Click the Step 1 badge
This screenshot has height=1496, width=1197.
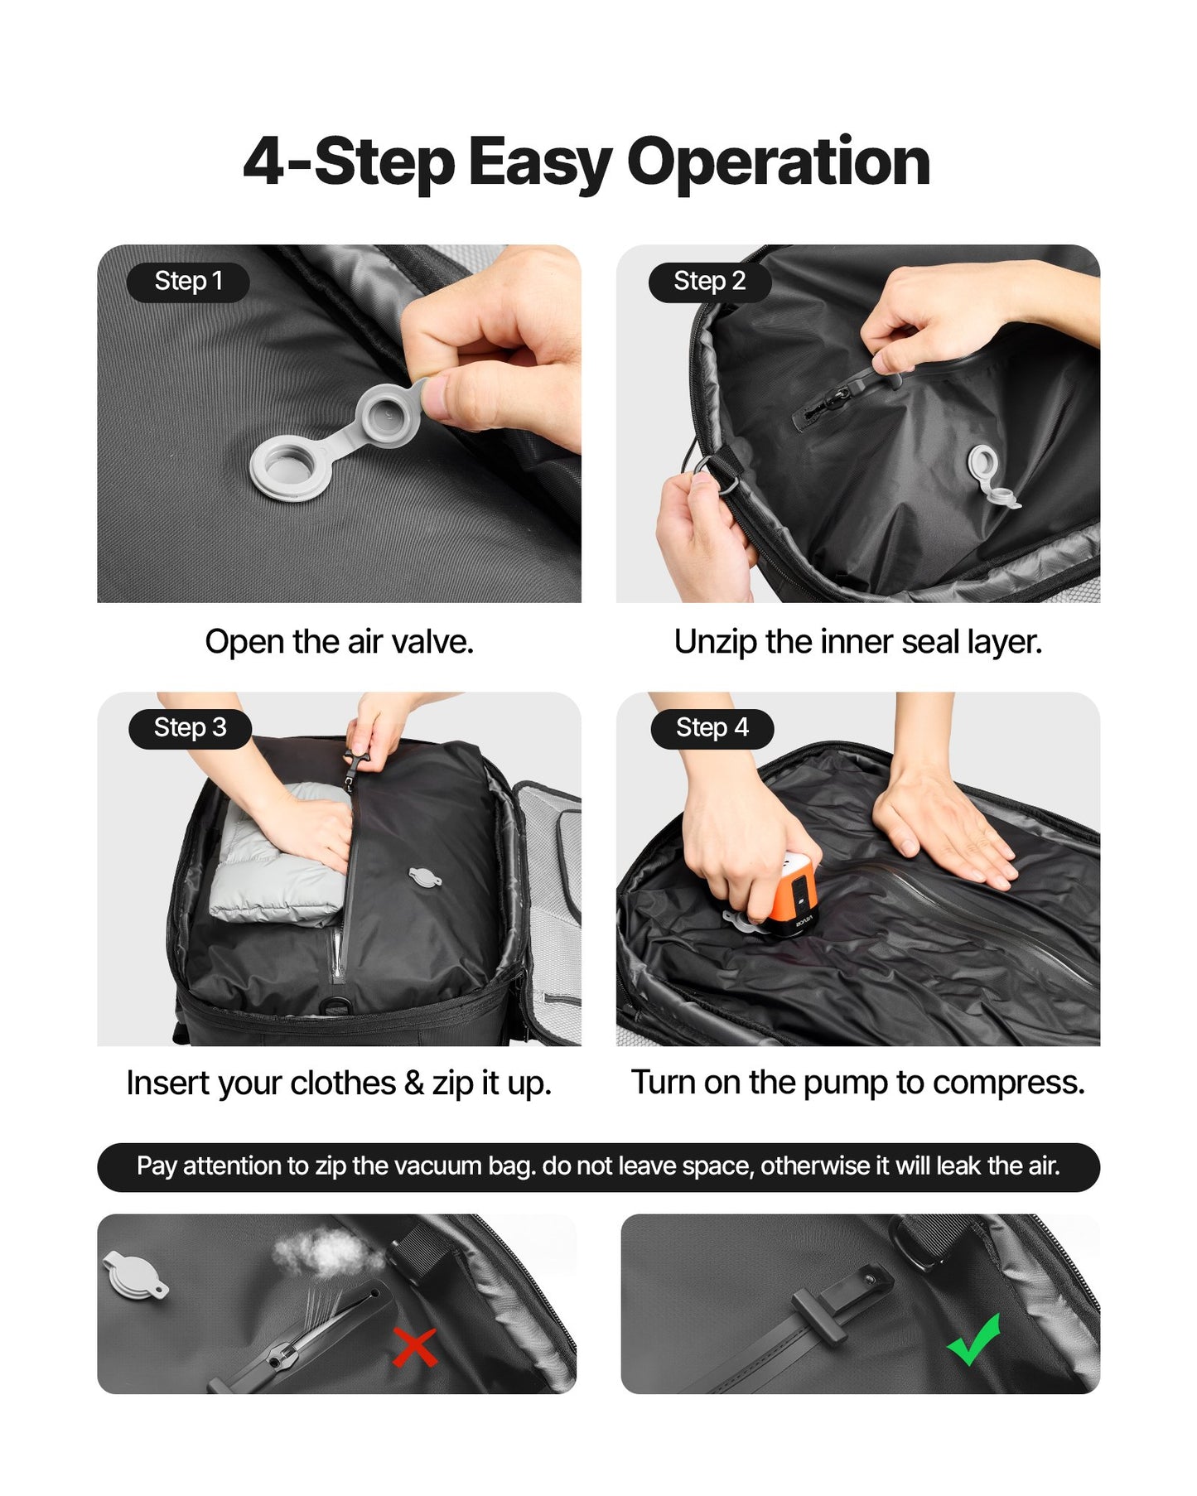pyautogui.click(x=188, y=282)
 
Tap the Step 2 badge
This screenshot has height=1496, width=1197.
pyautogui.click(x=709, y=282)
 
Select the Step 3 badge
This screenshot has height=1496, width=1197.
pyautogui.click(x=190, y=728)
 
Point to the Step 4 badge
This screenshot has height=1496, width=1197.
pyautogui.click(x=712, y=728)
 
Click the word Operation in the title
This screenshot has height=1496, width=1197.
pyautogui.click(x=778, y=162)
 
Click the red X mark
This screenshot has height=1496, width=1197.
pyautogui.click(x=414, y=1347)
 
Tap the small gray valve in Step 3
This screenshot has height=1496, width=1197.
pyautogui.click(x=424, y=877)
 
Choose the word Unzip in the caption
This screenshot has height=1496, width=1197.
pyautogui.click(x=714, y=642)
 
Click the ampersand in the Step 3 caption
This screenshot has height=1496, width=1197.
pyautogui.click(x=413, y=1083)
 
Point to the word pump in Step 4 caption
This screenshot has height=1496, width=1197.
pyautogui.click(x=846, y=1083)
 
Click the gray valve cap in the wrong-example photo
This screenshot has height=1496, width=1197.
pyautogui.click(x=133, y=1274)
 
